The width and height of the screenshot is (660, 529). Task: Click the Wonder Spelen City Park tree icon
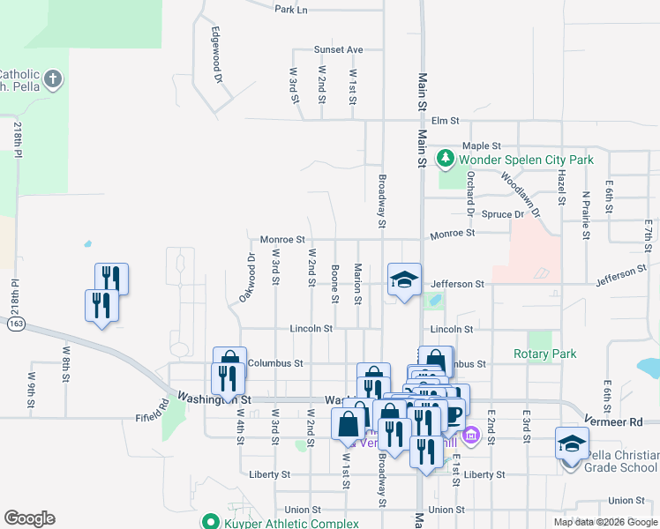pos(446,159)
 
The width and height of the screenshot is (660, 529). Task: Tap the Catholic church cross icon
pos(52,80)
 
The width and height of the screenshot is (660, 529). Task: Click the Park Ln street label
pos(290,10)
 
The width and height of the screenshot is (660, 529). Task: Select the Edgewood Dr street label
pos(215,55)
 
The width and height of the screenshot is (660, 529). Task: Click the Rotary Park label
pos(544,354)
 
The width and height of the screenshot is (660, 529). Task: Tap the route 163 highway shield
pos(15,324)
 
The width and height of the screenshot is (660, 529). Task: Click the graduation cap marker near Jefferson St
pos(404,280)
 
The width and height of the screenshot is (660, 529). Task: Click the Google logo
pos(29,518)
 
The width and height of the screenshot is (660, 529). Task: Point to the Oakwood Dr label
pos(247,278)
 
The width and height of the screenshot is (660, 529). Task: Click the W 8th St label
pos(65,363)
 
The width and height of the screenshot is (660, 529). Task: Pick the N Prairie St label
pos(584,215)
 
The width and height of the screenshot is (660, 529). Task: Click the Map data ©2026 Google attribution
pos(605,522)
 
